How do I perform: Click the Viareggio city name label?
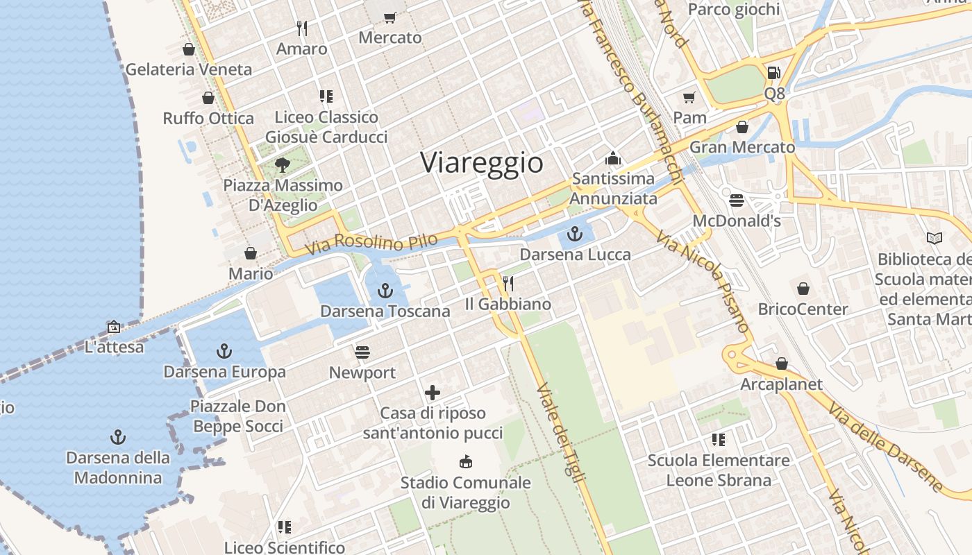(482, 163)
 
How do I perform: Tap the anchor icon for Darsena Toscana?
(385, 291)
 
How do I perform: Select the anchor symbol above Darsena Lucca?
(575, 234)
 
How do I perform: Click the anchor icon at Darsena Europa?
(224, 351)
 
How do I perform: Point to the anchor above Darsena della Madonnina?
(118, 437)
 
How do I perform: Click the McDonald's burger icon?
(737, 200)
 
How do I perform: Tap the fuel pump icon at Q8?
(773, 72)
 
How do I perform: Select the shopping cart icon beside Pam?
(689, 97)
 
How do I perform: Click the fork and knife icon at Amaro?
(301, 28)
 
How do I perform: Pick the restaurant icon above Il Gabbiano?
(508, 283)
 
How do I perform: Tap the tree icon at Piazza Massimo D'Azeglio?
(282, 165)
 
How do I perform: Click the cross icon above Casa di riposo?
(433, 393)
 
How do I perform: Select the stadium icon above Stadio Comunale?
(465, 462)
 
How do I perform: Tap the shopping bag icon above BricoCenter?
(803, 289)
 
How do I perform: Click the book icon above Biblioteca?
(935, 239)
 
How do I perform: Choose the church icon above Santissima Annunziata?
(612, 158)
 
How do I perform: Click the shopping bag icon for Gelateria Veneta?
(188, 49)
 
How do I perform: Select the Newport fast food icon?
(362, 352)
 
